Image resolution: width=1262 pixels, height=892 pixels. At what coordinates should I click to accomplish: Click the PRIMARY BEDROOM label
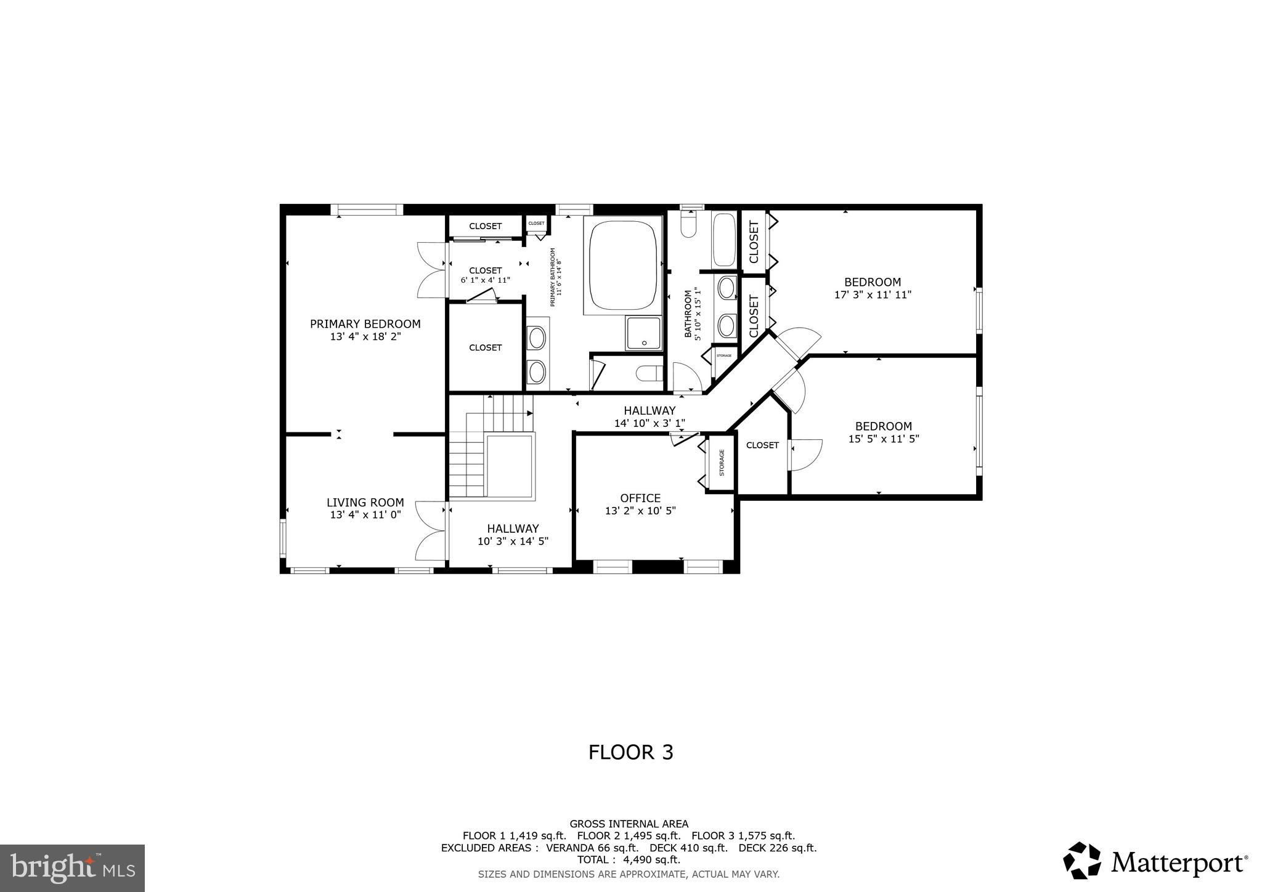365,324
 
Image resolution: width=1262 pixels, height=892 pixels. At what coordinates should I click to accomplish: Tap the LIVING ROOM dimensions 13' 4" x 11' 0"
365,515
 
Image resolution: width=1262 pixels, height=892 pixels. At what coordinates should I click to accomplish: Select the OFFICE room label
640,498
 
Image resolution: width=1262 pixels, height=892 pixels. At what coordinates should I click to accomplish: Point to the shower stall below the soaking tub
643,333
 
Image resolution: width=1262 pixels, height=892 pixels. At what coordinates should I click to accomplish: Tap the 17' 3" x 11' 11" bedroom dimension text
873,295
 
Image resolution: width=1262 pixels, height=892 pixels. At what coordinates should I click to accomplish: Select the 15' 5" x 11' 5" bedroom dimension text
883,439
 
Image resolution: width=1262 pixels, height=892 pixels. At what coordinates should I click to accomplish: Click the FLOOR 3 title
630,752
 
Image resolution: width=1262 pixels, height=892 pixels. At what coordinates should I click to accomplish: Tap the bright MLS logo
72,868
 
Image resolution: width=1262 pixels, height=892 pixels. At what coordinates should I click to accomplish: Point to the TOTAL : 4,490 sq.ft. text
629,860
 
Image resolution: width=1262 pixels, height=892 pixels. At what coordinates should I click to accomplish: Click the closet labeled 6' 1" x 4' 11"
486,275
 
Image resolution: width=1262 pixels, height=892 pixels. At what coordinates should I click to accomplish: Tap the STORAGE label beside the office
722,463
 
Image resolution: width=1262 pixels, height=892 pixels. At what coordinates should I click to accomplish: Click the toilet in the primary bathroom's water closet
648,373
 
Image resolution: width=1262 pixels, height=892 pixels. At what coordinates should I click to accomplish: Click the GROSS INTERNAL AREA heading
629,824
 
